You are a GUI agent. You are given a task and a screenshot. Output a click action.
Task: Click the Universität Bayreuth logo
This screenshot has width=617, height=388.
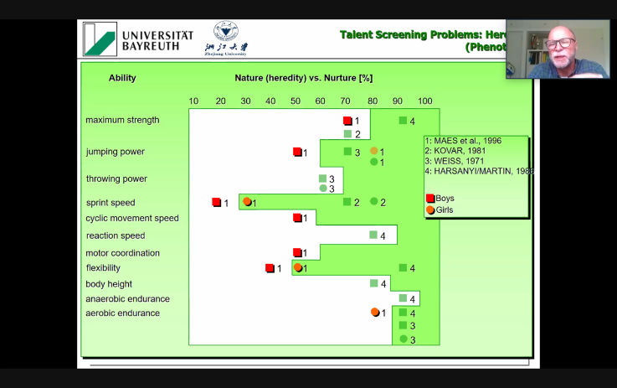tap(138, 39)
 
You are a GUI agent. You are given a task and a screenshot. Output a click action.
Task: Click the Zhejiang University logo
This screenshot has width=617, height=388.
tap(226, 39)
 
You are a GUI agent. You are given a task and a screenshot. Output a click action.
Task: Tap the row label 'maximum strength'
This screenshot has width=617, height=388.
tap(122, 120)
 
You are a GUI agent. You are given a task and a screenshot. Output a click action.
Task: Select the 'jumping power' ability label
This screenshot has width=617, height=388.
tap(115, 152)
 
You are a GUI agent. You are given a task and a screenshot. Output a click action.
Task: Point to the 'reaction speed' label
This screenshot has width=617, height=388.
tap(115, 235)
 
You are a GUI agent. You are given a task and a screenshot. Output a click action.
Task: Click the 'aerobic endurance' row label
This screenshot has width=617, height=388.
tap(122, 313)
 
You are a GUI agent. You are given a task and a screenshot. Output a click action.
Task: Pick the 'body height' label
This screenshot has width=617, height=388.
tap(109, 284)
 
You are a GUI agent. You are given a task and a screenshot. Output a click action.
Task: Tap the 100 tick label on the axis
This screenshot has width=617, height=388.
tap(425, 101)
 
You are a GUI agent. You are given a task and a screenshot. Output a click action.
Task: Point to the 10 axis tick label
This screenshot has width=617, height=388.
tap(193, 101)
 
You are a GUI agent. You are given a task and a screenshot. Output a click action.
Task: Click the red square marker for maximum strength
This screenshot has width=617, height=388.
tap(347, 121)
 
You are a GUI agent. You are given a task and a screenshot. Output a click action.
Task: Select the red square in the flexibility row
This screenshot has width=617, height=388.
tap(270, 268)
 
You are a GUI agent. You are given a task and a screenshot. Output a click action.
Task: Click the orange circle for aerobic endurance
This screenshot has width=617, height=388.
tap(375, 313)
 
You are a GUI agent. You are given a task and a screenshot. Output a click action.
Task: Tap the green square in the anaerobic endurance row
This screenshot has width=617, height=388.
tap(403, 298)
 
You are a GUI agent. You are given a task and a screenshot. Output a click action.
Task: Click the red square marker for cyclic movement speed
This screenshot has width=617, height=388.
tap(296, 218)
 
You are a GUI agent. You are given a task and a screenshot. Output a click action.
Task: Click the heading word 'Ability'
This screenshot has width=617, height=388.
tap(122, 78)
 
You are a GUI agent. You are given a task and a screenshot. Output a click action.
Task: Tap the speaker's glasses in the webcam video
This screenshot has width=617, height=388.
tap(558, 42)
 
